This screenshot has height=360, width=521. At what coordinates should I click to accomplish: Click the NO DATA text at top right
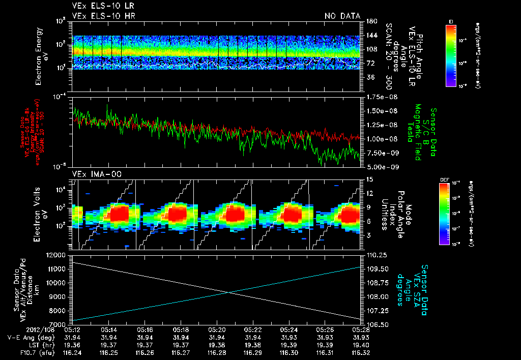pyautogui.click(x=342, y=16)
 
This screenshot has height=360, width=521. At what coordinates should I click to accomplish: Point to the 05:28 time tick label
pyautogui.click(x=361, y=330)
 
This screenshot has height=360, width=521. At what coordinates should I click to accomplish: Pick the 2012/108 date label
pyautogui.click(x=22, y=330)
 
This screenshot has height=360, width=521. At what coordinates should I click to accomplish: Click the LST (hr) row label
pyautogui.click(x=20, y=344)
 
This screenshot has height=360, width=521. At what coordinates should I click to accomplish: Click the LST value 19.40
pyautogui.click(x=361, y=344)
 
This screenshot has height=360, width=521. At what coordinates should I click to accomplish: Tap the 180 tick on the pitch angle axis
pyautogui.click(x=370, y=21)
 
